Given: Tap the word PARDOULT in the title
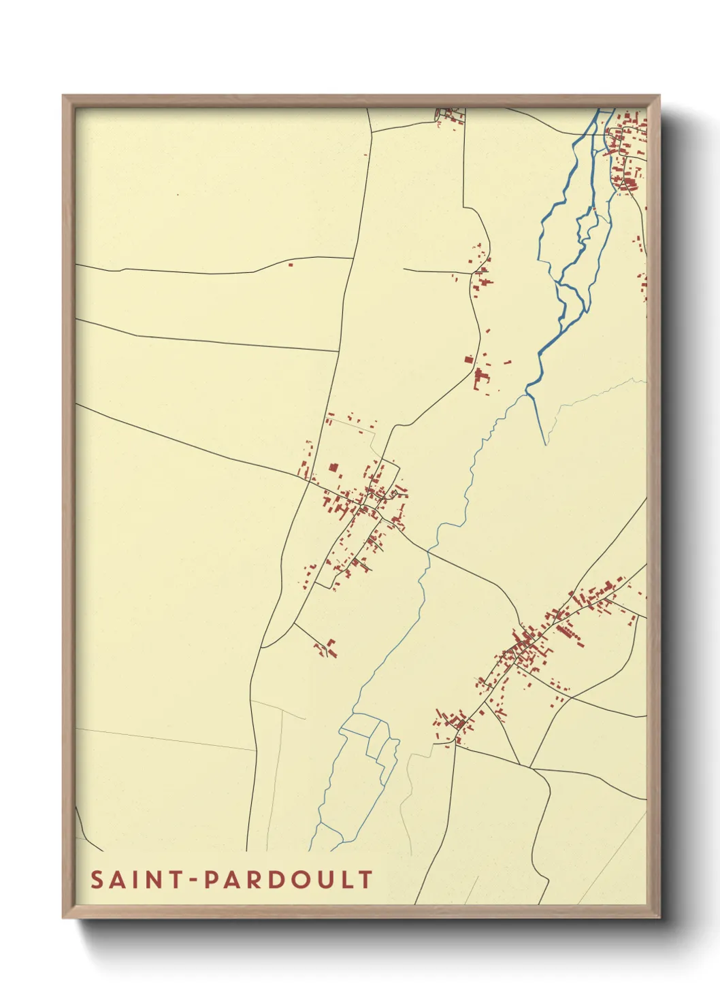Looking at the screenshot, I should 289,879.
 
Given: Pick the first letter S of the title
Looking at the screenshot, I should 97,879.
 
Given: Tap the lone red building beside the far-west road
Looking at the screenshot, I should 291,264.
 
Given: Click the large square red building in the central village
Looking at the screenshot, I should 333,467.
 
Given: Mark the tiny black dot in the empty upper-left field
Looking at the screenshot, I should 178,195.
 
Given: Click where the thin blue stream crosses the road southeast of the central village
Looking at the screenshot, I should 428,551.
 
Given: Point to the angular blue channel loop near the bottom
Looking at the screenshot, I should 371,738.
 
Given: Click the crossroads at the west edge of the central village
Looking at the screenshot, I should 310,480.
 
